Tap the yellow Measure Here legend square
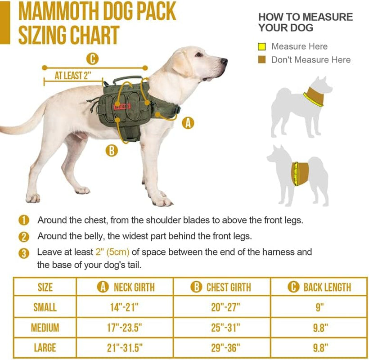click(x=262, y=47)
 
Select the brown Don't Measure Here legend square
click(x=262, y=60)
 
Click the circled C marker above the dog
click(x=92, y=58)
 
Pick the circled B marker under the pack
click(x=111, y=150)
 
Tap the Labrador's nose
click(x=224, y=60)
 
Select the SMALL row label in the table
click(x=45, y=307)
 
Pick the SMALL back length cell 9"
click(x=319, y=307)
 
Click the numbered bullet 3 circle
click(x=24, y=253)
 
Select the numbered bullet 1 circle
click(x=24, y=220)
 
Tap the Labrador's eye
click(x=199, y=54)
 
